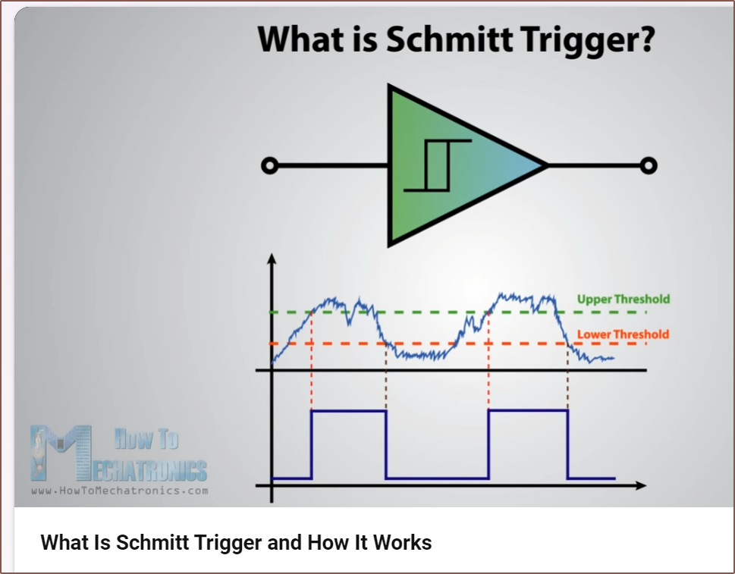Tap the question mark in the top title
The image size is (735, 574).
point(646,39)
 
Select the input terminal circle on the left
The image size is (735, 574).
point(269,165)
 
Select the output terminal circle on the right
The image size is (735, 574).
point(649,165)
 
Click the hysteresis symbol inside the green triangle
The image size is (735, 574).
point(438,165)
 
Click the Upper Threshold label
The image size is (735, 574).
point(623,300)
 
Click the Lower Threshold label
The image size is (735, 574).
point(623,334)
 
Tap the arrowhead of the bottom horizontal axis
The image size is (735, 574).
point(641,485)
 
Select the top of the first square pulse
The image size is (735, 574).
point(349,411)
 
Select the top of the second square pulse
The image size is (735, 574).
point(528,410)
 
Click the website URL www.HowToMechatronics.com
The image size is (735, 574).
point(120,491)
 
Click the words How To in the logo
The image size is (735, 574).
point(146,439)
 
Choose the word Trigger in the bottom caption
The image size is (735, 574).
point(228,543)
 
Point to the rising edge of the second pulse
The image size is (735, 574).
point(488,444)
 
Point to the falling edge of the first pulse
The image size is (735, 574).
point(386,444)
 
